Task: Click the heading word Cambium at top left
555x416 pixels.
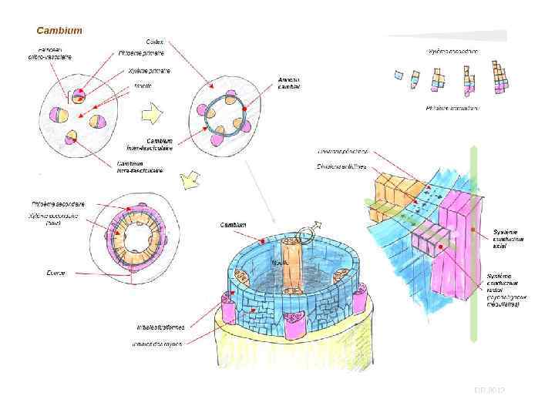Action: click(59, 31)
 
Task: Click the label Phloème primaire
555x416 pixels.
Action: click(141, 53)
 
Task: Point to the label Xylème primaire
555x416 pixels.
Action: click(149, 71)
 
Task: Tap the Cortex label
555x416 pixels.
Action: click(154, 41)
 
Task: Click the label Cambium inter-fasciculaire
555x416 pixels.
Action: click(150, 144)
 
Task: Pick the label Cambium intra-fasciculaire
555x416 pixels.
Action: click(140, 166)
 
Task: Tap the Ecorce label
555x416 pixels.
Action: click(55, 273)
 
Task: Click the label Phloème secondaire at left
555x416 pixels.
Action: click(58, 204)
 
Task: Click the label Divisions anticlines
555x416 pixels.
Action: click(341, 166)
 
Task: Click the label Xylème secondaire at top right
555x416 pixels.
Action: click(452, 52)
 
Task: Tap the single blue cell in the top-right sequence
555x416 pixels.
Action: click(399, 75)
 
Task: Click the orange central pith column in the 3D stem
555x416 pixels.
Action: click(291, 266)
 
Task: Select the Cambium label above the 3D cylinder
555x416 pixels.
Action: click(233, 225)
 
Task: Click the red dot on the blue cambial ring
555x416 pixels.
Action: click(244, 109)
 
